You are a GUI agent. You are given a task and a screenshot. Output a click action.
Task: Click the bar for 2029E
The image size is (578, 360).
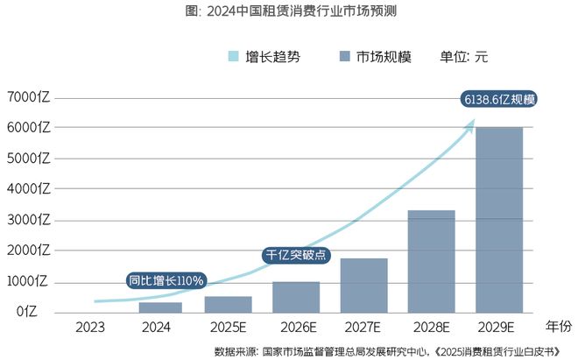[x=499, y=219]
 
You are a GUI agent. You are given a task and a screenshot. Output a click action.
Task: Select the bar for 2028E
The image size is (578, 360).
[x=431, y=261]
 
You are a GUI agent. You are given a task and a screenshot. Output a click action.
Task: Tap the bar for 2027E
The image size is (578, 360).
[x=363, y=285]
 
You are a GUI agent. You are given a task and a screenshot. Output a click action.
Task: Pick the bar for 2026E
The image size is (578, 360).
[x=296, y=297]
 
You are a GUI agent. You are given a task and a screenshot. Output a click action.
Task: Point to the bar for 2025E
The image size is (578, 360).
[x=229, y=304]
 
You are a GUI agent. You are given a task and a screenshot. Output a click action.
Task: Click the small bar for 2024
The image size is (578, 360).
[x=160, y=307]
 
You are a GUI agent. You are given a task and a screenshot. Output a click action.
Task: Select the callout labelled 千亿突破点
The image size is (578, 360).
[x=297, y=255]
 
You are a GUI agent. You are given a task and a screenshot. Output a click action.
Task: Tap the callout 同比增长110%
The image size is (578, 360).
[x=166, y=280]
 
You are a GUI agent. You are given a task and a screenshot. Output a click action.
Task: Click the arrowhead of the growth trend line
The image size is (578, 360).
[x=470, y=124]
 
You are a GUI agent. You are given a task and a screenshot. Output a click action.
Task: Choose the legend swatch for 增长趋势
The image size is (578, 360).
[x=233, y=57]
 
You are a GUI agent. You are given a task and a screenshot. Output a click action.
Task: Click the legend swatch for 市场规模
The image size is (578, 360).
[x=345, y=57]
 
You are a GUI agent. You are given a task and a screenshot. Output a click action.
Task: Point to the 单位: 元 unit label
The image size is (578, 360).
[x=463, y=57]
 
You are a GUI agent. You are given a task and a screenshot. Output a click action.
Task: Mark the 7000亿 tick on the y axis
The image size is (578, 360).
[x=28, y=96]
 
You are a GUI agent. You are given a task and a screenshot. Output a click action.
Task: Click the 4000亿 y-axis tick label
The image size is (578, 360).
[x=28, y=189]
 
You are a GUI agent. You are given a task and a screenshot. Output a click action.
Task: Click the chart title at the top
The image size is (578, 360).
[x=288, y=12]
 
